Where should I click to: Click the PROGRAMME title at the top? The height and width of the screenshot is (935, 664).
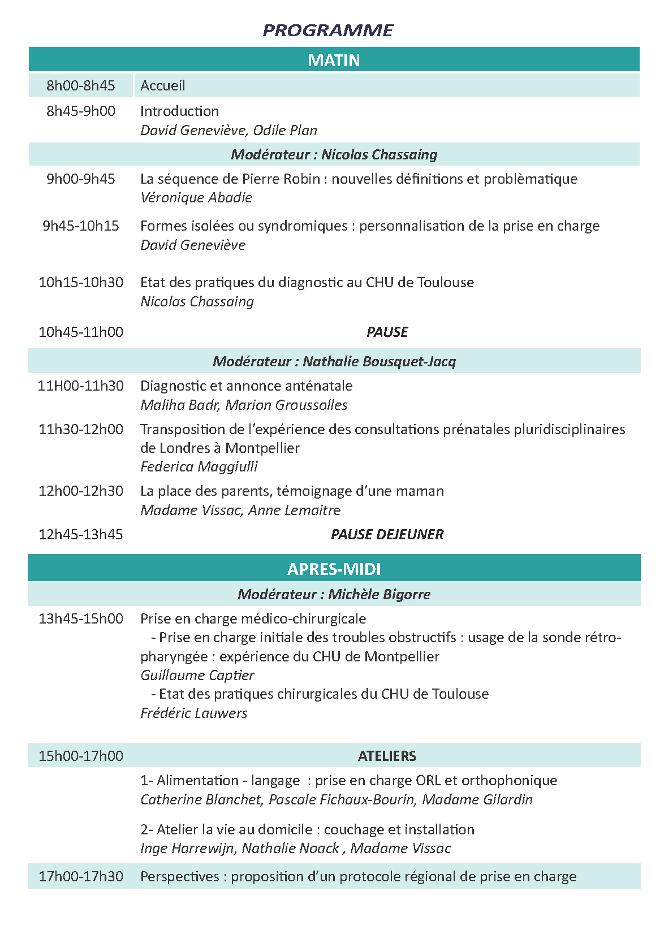[x=328, y=30]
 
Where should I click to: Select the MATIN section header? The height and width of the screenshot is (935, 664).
[x=334, y=60]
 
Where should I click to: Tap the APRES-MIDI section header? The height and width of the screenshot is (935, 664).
[x=334, y=568]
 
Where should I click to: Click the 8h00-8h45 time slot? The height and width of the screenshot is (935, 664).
[x=81, y=85]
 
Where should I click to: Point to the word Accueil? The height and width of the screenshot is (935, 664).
[x=163, y=85]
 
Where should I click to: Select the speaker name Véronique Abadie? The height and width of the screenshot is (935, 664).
[x=196, y=197]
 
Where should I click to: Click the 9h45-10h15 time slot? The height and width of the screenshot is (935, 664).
[x=81, y=226]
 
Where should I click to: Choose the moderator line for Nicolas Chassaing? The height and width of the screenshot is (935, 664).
[x=334, y=154]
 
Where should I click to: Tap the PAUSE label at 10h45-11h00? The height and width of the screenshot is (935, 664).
[x=387, y=332]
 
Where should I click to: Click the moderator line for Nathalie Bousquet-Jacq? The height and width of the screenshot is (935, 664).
[x=334, y=361]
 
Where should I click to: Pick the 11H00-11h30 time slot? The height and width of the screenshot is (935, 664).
[x=81, y=386]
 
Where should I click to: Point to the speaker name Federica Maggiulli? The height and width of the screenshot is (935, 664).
[x=199, y=466]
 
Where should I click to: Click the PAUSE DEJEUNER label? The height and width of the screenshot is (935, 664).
[x=387, y=534]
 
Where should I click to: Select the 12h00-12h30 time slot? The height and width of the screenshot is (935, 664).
[x=81, y=491]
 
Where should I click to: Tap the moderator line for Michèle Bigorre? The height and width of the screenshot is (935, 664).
[x=334, y=594]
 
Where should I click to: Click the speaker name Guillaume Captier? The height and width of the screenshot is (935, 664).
[x=197, y=675]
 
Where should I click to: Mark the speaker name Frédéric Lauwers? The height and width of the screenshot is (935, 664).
[x=194, y=713]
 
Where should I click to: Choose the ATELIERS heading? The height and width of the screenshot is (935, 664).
[x=387, y=756]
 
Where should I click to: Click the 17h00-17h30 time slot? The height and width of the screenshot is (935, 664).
[x=81, y=876]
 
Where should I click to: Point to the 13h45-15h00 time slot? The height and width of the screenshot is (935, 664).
[x=81, y=618]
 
